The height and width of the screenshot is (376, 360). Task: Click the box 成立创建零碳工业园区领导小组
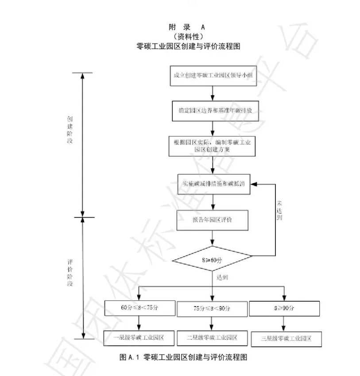213,75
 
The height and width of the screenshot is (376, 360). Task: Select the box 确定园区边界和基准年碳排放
213,111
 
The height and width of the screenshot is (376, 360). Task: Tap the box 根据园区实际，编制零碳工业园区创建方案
213,146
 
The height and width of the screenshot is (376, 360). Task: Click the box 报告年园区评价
213,220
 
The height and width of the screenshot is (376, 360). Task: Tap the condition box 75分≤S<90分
212,308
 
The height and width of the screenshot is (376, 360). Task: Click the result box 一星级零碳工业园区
139,338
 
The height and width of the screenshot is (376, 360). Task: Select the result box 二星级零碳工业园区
212,338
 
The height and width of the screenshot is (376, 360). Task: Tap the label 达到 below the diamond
222,277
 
